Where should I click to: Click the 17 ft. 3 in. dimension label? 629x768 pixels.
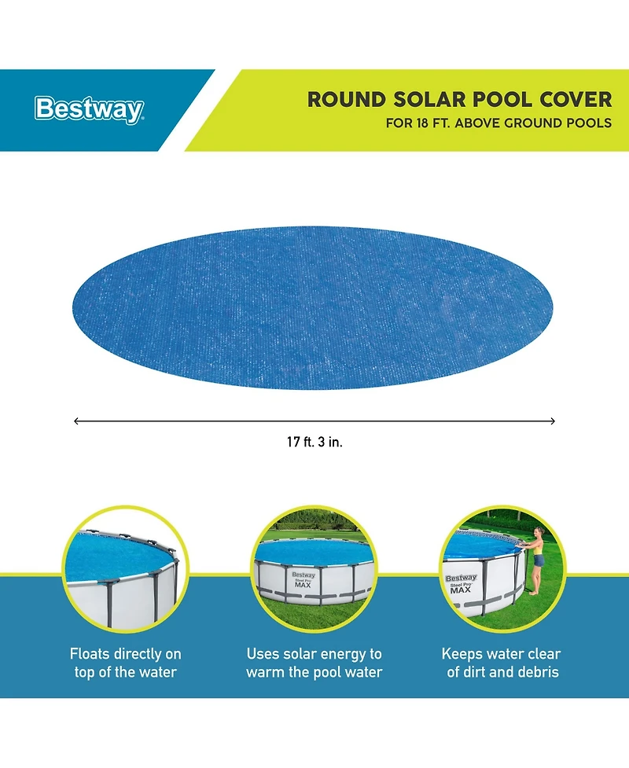[x=314, y=442]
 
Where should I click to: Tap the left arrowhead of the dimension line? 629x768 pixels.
[x=76, y=421]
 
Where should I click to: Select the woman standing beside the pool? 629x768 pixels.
[x=538, y=558]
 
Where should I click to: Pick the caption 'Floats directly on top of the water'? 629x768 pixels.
[x=126, y=663]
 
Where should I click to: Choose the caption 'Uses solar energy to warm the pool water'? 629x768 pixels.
[x=314, y=663]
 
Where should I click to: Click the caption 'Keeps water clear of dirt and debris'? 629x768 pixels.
[x=502, y=663]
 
